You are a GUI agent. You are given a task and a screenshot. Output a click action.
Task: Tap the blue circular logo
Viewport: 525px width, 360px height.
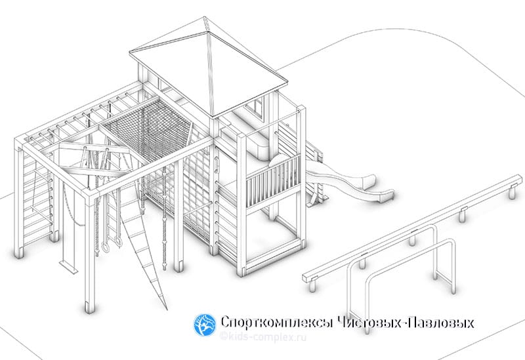pos(205,325)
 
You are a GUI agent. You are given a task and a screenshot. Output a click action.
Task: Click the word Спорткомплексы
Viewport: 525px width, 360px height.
pos(276,323)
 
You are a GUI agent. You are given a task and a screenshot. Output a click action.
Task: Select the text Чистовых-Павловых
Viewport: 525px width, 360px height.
pos(404,323)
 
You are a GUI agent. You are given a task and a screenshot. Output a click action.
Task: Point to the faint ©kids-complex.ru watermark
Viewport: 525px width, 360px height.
pos(263,337)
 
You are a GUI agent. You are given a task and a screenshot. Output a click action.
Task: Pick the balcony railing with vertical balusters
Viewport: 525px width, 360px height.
pos(273,181)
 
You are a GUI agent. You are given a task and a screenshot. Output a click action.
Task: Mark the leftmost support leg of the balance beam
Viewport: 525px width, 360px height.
pos(312,286)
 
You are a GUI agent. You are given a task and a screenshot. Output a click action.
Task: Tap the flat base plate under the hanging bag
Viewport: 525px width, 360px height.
pos(69,266)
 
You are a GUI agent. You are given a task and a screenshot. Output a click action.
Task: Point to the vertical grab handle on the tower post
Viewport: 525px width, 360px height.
pos(217,166)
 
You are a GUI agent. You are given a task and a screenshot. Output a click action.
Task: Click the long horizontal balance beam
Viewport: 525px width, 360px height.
pos(413,228)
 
